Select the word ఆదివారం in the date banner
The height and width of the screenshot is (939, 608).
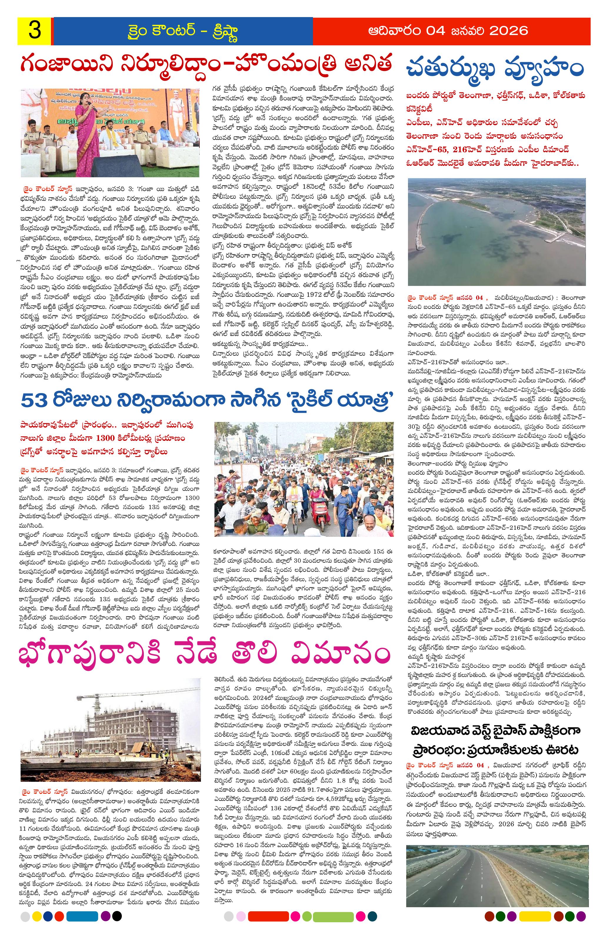(x=397, y=30)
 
